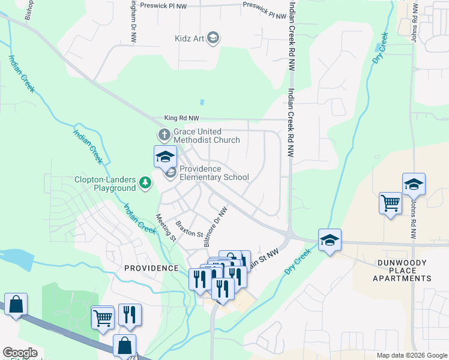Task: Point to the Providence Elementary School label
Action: (x=214, y=173)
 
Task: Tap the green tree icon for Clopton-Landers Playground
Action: (x=145, y=182)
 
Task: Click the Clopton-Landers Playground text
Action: (x=105, y=184)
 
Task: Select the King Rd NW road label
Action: (x=182, y=119)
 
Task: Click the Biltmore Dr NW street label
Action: (x=215, y=227)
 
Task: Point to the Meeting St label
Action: (x=166, y=229)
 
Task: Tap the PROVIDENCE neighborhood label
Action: (x=151, y=268)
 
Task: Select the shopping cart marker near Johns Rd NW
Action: (x=390, y=204)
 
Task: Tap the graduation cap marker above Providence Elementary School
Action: (x=165, y=157)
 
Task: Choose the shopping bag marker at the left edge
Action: (x=16, y=304)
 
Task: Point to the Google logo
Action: (x=20, y=353)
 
